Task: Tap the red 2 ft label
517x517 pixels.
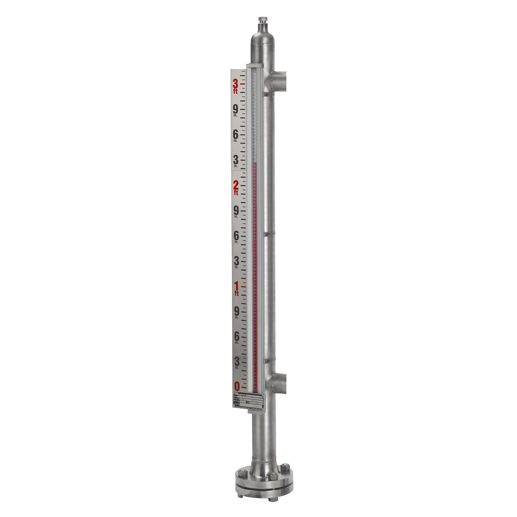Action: click(x=236, y=186)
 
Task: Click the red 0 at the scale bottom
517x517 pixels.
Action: click(x=237, y=386)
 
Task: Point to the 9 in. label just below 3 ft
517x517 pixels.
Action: click(x=235, y=110)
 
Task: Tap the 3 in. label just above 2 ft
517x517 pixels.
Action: click(x=236, y=161)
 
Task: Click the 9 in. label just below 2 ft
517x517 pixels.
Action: click(x=236, y=211)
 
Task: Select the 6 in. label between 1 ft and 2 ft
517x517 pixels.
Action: click(x=236, y=236)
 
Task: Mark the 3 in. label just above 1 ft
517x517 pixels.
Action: click(x=236, y=261)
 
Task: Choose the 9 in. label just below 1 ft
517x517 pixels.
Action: click(x=236, y=312)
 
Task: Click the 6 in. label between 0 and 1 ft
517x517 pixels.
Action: click(x=236, y=337)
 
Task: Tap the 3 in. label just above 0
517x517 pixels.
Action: click(x=237, y=361)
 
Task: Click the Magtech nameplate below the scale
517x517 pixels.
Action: click(x=248, y=402)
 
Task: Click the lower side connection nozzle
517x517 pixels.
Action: click(x=280, y=382)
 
